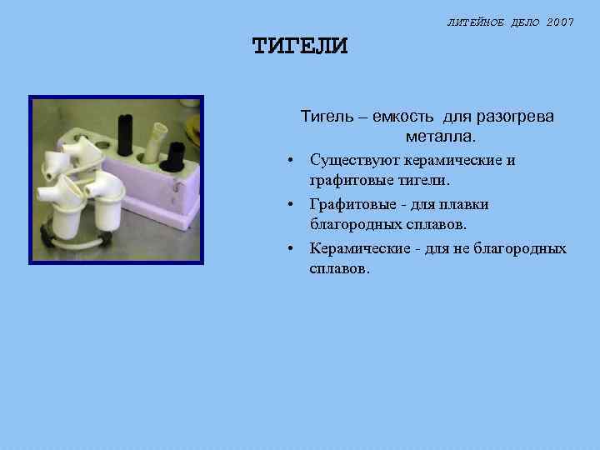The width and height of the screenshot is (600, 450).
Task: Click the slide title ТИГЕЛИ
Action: pos(299,46)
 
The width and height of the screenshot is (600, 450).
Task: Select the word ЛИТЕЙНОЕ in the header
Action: pos(474,22)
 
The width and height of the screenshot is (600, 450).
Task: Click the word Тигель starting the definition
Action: pos(325,117)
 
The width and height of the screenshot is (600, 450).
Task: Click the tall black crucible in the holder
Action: pos(124,133)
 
